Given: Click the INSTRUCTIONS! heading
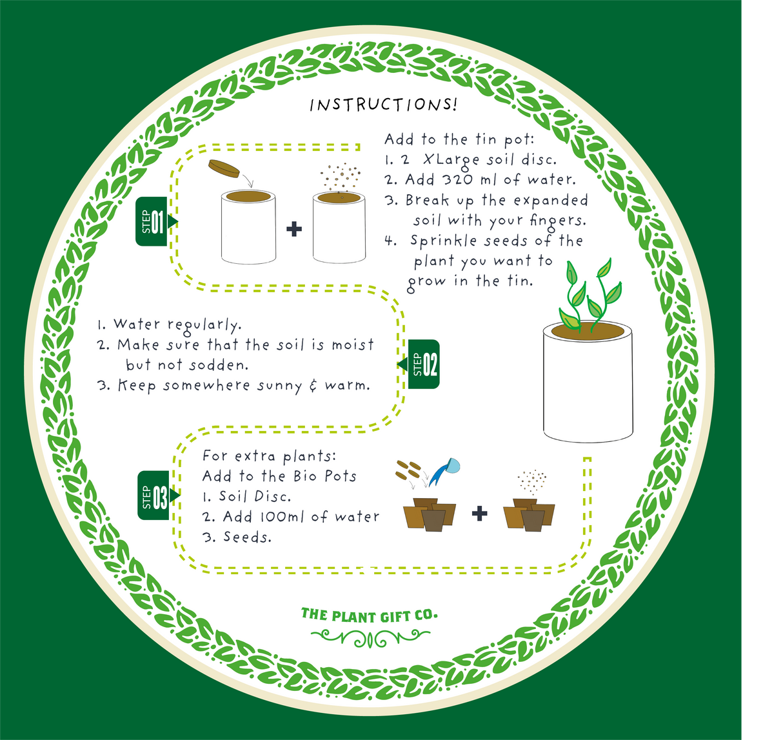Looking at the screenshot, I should (x=383, y=105).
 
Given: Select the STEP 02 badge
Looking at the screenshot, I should (x=425, y=365).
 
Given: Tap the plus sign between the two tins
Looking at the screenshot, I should (x=294, y=228).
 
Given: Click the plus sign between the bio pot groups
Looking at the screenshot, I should (x=479, y=514).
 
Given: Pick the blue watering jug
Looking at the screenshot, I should (x=449, y=468).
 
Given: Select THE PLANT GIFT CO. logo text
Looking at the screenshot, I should (x=369, y=615).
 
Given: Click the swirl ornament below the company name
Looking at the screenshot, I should (x=370, y=638).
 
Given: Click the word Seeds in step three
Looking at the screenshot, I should (x=247, y=537).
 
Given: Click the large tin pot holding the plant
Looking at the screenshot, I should (x=587, y=384).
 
